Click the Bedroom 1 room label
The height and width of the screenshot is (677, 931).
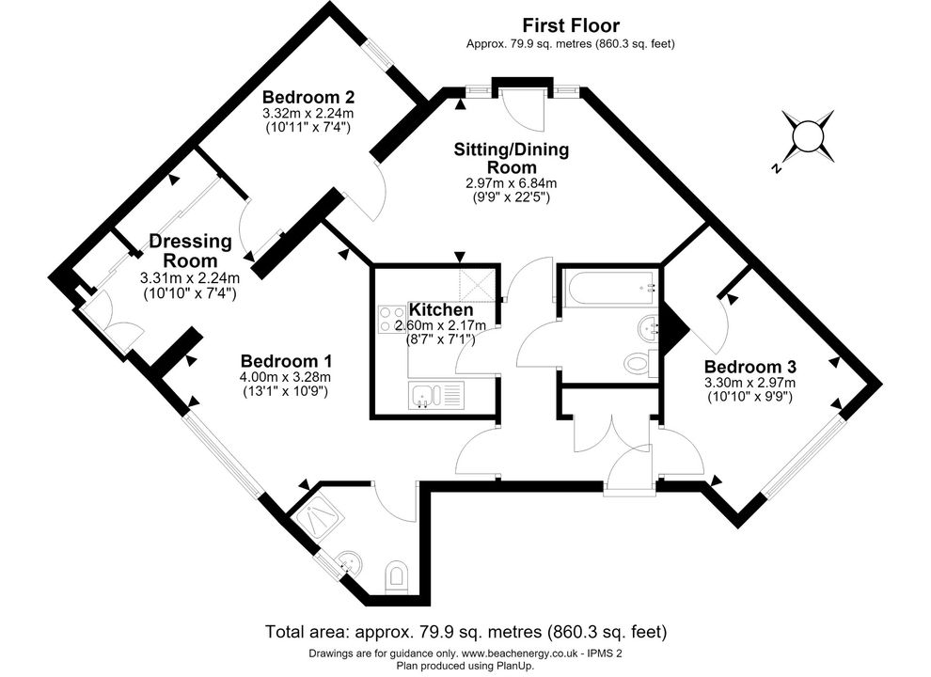[x=286, y=361]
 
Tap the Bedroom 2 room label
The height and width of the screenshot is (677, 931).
[x=308, y=97]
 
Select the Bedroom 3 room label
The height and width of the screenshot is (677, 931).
[x=750, y=367]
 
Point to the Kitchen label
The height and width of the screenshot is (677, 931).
[x=440, y=309]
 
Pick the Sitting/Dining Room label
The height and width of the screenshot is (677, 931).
[x=512, y=158]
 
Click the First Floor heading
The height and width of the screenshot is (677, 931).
[x=571, y=25]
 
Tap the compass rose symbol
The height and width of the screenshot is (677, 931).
[x=808, y=136]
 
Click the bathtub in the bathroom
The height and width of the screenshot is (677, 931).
[x=610, y=290]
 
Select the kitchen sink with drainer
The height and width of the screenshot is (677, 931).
[x=434, y=396]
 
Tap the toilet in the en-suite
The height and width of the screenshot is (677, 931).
[x=395, y=576]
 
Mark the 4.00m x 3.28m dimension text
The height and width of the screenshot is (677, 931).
[x=286, y=377]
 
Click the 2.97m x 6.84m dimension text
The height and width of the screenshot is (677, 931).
[x=512, y=183]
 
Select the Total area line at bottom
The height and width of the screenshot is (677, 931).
[x=466, y=631]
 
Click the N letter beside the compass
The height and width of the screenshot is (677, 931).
[x=776, y=168]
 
